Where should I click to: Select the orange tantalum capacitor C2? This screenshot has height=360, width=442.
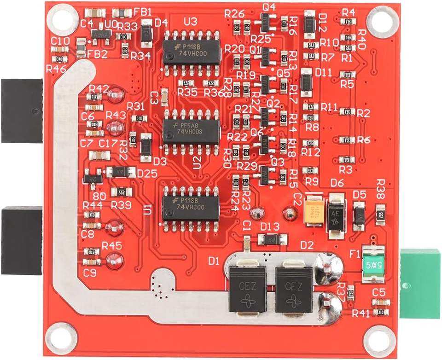[314, 211]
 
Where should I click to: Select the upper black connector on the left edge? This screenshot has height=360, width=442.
[22, 111]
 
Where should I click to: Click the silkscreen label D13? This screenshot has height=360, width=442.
[270, 226]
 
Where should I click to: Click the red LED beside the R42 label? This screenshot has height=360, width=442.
[115, 95]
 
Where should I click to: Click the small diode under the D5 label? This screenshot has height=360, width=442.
[359, 215]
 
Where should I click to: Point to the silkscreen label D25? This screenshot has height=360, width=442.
[147, 174]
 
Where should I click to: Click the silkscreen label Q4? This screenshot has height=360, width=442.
[268, 7]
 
